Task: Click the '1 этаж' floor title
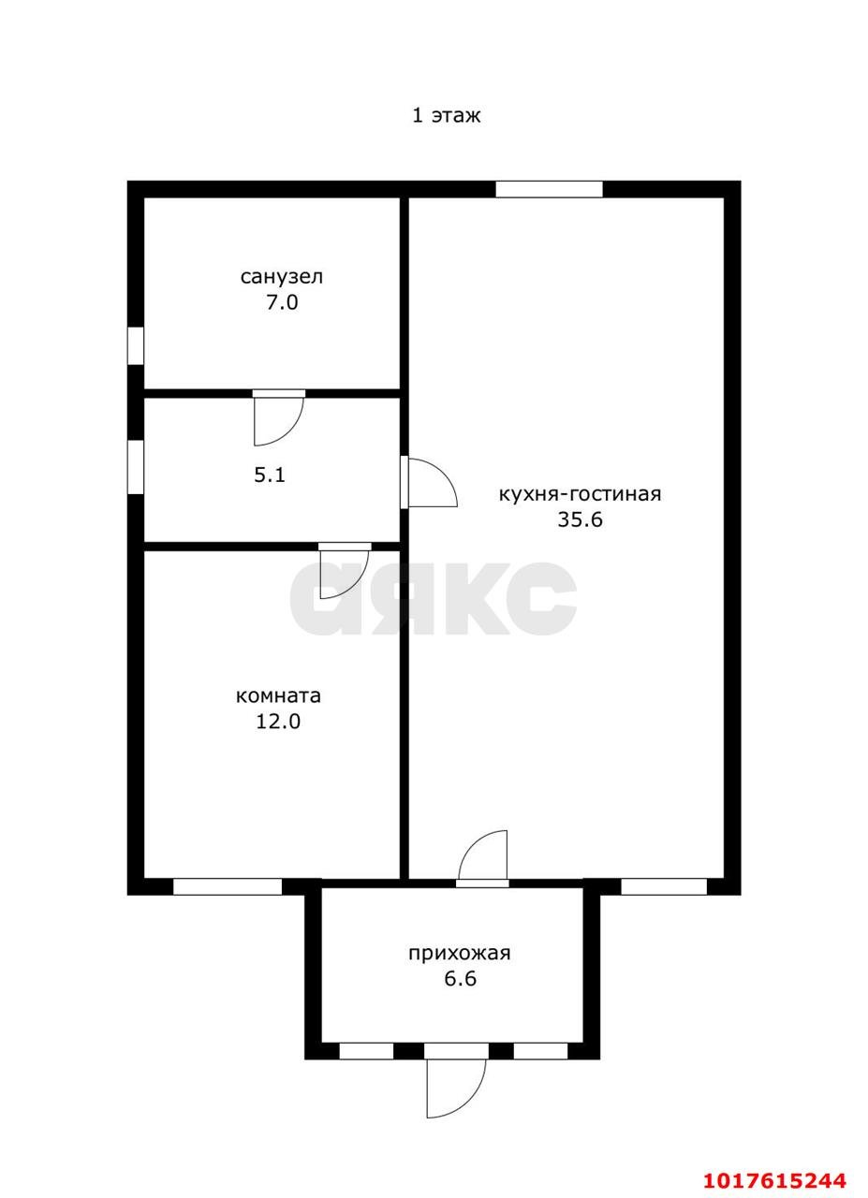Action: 446,115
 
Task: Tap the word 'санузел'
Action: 282,277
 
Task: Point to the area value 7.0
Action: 282,302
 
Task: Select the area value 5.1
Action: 270,475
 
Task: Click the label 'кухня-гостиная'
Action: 581,493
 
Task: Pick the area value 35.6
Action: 581,519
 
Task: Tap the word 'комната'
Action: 278,695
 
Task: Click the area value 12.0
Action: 278,722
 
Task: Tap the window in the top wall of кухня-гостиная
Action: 549,189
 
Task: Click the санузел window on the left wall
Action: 136,346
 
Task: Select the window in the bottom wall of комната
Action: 228,886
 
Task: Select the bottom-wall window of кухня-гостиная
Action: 664,886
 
